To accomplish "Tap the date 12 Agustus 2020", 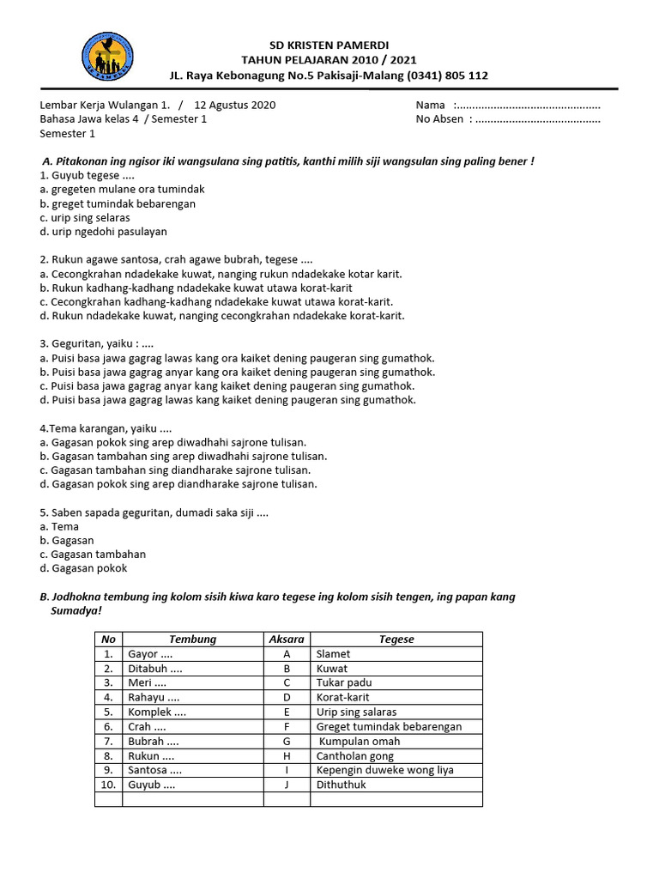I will tap(235, 105).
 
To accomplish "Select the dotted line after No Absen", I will tap(537, 120).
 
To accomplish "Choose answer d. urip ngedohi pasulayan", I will tap(103, 232).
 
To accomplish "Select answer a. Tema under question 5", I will tap(59, 526).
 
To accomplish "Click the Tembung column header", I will tap(192, 640).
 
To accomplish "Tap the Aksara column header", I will tap(287, 640).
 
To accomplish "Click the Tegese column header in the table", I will tap(396, 640).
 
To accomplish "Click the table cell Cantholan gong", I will tap(355, 755).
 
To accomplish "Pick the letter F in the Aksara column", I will tap(287, 726).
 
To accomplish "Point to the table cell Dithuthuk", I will tap(342, 785).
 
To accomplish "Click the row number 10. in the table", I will tap(108, 785).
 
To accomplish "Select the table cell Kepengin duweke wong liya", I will tap(385, 770).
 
